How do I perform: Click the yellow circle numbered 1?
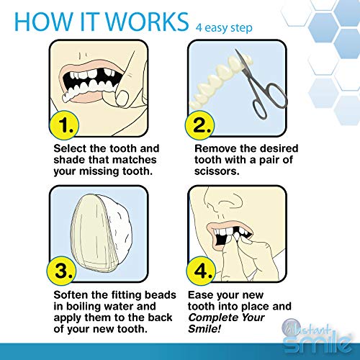click(66, 127)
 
